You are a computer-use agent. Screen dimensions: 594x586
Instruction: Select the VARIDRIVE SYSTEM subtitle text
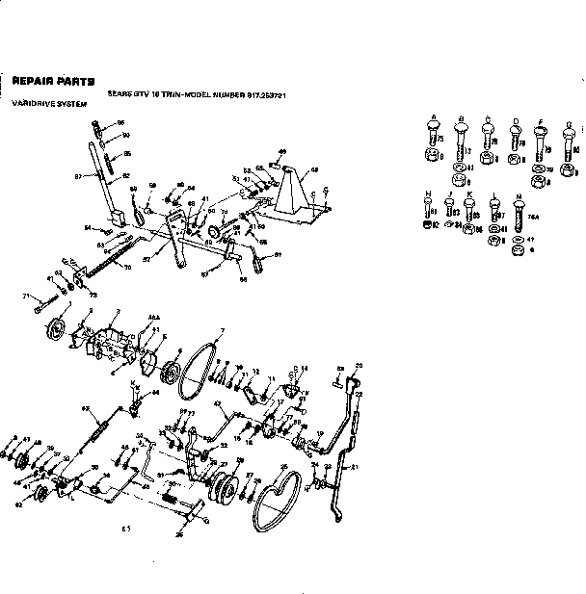coord(40,101)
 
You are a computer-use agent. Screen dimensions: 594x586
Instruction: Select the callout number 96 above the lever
coord(120,123)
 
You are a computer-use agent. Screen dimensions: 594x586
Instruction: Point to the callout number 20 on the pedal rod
coord(359,365)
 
